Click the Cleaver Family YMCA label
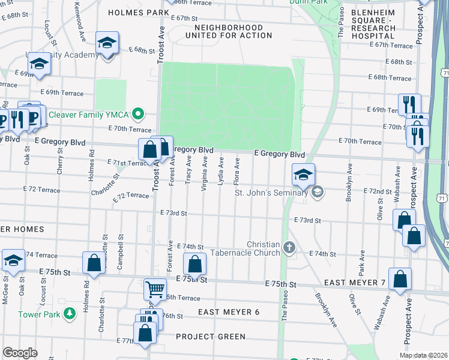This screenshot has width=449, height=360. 90,114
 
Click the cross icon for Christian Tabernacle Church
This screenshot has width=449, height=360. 289,248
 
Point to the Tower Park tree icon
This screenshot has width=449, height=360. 70,313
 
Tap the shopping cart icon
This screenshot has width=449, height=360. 155,290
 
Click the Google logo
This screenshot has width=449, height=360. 20,353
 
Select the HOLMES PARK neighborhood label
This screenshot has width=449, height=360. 137,12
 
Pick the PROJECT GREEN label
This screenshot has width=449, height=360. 211,337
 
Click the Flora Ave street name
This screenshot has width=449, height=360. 238,171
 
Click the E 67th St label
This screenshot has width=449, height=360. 184,18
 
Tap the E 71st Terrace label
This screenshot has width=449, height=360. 127,163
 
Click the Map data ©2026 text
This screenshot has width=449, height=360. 424,355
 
